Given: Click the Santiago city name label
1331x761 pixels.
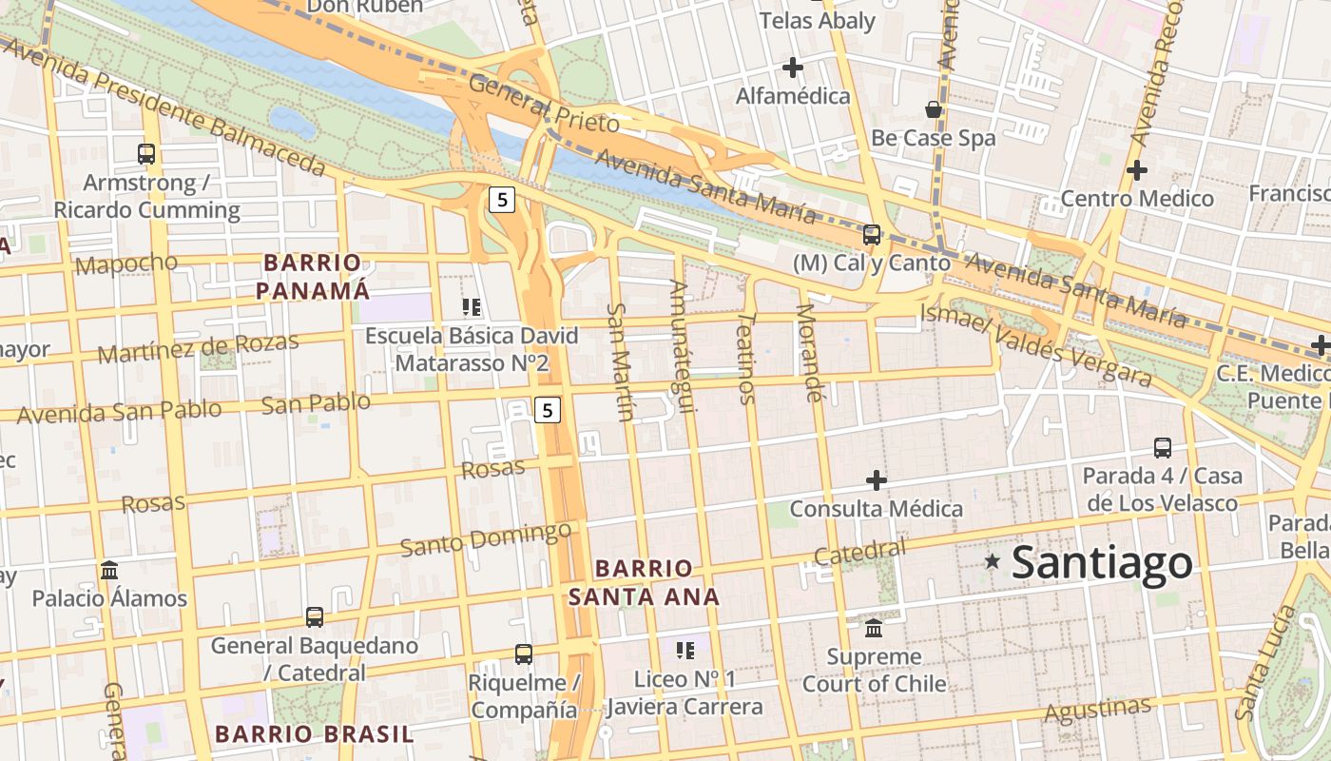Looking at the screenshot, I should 1102,562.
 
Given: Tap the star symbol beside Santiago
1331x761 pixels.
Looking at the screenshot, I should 993,561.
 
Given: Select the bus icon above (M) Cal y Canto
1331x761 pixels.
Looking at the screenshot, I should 871,234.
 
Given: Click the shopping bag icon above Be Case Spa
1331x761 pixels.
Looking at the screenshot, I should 934,109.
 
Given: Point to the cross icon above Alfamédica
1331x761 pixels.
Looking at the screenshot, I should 792,68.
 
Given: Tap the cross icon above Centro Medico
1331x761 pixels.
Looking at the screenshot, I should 1136,170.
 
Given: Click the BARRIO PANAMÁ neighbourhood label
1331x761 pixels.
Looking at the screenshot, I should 313,276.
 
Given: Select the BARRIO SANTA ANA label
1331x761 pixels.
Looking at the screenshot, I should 644,582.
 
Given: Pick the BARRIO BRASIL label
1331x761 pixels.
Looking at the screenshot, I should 314,733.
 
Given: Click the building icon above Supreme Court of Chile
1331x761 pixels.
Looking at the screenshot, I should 874,628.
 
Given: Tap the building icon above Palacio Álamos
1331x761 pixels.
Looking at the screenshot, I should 109,570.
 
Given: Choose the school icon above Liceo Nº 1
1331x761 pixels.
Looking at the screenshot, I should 685,651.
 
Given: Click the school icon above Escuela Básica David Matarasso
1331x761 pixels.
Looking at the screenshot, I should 471,306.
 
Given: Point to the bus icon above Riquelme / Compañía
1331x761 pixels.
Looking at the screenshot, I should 523,654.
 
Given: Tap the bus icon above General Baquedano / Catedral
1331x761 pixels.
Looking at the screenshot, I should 315,616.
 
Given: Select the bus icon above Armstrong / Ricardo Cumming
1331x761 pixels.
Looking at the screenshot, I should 146,153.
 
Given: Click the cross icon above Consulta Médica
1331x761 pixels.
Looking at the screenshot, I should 876,480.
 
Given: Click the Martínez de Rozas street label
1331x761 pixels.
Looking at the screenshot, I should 198,347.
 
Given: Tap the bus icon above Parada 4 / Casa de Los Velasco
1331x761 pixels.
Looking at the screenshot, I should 1162,447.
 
